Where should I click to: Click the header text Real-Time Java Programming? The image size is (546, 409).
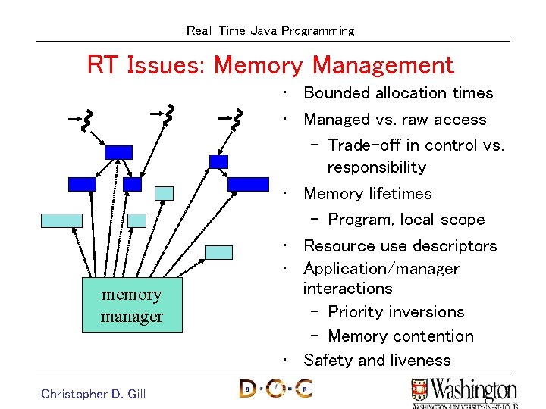270,31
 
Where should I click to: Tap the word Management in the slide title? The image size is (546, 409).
383,65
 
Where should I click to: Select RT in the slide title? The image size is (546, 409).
102,65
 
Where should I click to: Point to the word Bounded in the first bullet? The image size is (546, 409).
337,93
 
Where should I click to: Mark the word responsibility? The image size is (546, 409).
376,167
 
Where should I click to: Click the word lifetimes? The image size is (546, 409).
401,194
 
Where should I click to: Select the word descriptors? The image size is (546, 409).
454,246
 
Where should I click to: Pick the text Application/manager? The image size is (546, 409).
381,269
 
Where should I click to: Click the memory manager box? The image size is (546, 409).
132,305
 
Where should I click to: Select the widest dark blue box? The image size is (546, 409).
248,183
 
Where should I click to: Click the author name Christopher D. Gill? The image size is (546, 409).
93,393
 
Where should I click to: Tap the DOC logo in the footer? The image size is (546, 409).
275,389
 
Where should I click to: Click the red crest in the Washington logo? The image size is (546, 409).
419,389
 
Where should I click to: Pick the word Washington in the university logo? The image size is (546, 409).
473,391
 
